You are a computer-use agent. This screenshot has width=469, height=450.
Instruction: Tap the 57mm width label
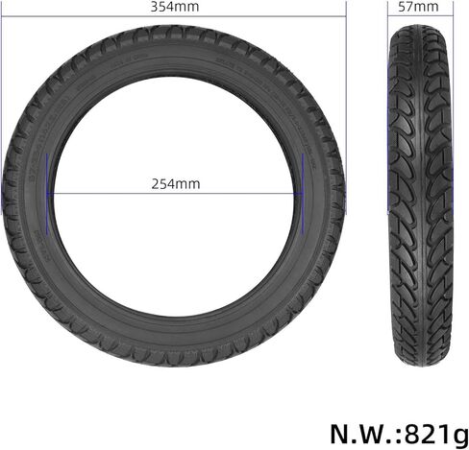(418, 7)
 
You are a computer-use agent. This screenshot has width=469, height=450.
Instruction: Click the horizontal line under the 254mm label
(175, 195)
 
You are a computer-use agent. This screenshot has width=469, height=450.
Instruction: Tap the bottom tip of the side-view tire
(418, 364)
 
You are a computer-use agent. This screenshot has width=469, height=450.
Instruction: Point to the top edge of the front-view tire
(173, 26)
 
